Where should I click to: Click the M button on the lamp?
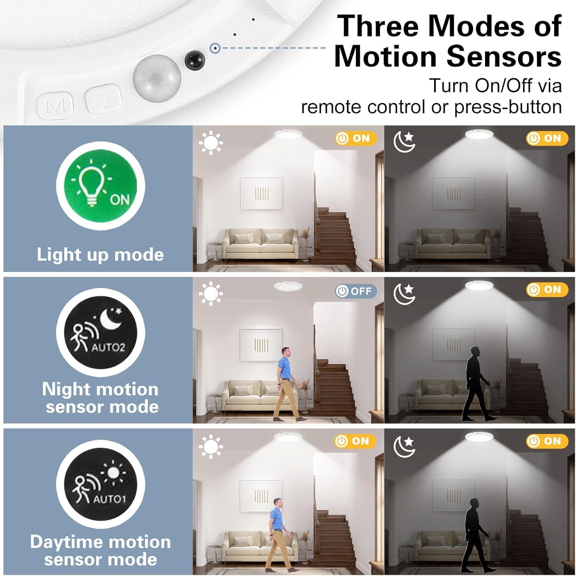[56, 105]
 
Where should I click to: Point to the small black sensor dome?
[195, 60]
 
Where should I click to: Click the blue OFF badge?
[355, 291]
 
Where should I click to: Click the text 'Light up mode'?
[100, 255]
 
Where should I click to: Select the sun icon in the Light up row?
[210, 143]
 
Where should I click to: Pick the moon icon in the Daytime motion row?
[404, 447]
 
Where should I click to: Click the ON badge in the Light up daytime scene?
[354, 138]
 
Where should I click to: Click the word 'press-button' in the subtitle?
[508, 107]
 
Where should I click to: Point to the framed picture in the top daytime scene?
[262, 194]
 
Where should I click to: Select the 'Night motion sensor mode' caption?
[101, 398]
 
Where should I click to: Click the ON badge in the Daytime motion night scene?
[546, 441]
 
